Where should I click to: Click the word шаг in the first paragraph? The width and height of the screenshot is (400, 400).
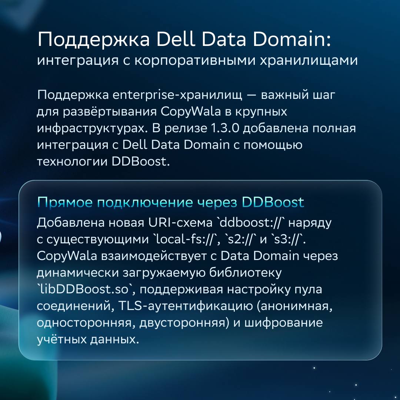324,95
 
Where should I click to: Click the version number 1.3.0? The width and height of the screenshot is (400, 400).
225,128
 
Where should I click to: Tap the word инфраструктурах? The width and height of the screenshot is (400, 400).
92,128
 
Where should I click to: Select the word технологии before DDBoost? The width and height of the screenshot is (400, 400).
72,161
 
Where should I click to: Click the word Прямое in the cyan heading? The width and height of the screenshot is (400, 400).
65,202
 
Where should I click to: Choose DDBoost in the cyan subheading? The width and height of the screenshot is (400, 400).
273,202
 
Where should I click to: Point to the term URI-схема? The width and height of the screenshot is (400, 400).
180,223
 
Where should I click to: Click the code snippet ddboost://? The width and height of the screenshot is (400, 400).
251,223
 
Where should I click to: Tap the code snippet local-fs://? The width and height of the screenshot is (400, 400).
186,239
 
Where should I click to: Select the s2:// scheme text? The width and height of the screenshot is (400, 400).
240,239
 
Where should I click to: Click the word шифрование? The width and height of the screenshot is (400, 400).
284,323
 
